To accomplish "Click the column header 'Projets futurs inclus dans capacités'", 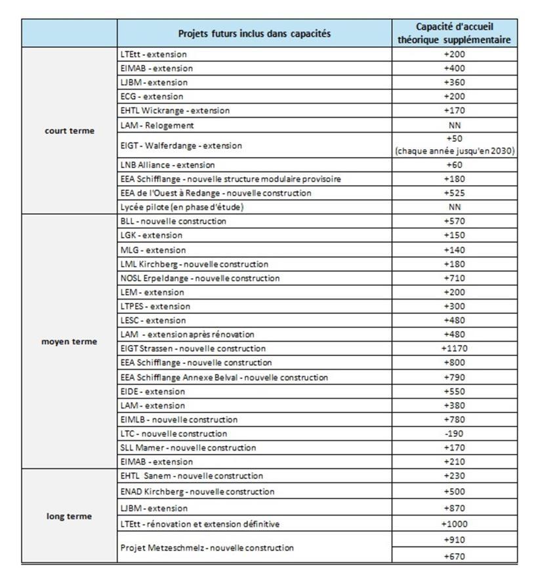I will click(255, 34).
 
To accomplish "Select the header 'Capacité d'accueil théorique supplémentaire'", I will click(455, 34).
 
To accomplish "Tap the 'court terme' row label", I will click(69, 131).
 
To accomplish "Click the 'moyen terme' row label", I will click(69, 342).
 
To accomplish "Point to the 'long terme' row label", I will click(69, 516).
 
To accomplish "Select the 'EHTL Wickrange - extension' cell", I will click(175, 110).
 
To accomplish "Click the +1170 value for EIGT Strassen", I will click(455, 348).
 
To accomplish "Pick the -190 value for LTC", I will click(455, 434).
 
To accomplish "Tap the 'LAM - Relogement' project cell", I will click(157, 125).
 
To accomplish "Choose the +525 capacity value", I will click(455, 192).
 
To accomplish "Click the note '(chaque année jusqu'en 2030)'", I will click(455, 151).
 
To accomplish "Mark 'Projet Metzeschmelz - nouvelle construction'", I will click(207, 547).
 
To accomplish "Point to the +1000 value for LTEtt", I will click(455, 524).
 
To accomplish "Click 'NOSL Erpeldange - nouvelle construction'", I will click(200, 278).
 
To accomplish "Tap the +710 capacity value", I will click(455, 278).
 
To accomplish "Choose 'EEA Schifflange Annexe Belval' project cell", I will click(224, 377).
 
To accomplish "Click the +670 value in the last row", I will click(455, 556).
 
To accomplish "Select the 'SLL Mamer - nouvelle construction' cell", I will click(188, 448).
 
